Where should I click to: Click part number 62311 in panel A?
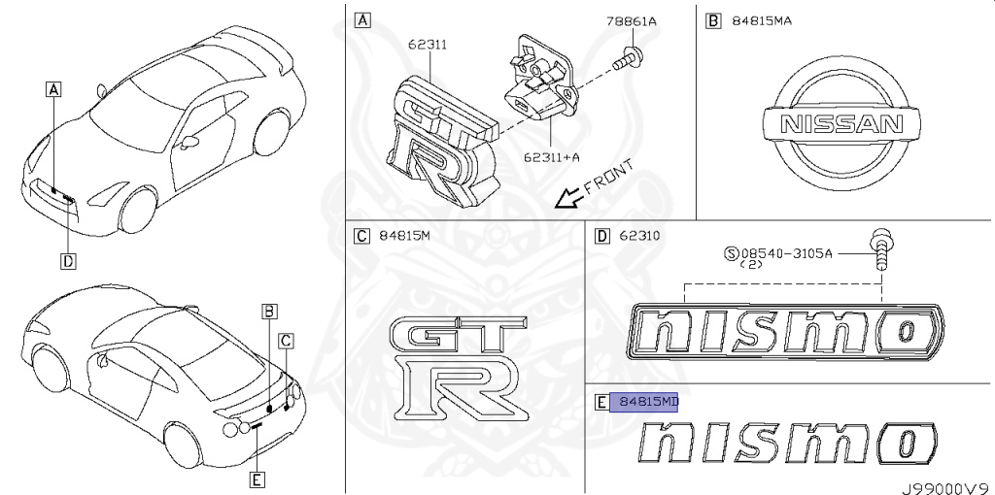[x=427, y=44]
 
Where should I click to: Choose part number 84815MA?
[x=762, y=20]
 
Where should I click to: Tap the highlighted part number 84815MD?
[x=644, y=402]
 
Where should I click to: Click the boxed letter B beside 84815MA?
[x=713, y=20]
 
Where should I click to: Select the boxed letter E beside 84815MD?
[x=600, y=402]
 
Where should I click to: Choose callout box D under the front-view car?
[x=68, y=259]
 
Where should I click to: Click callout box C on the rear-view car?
[x=286, y=339]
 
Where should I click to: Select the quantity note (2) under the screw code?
[x=750, y=264]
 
